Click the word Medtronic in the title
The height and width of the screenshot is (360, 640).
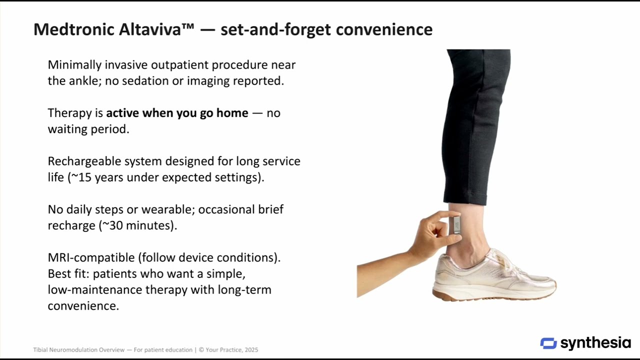click(x=74, y=29)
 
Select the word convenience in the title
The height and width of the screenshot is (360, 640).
click(x=384, y=29)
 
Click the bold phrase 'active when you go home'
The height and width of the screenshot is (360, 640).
click(x=177, y=113)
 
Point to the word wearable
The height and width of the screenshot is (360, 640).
click(x=167, y=209)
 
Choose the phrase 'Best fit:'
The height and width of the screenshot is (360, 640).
click(x=68, y=274)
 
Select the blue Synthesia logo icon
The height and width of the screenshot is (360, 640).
click(x=548, y=343)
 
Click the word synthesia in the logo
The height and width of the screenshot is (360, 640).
click(x=595, y=343)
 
